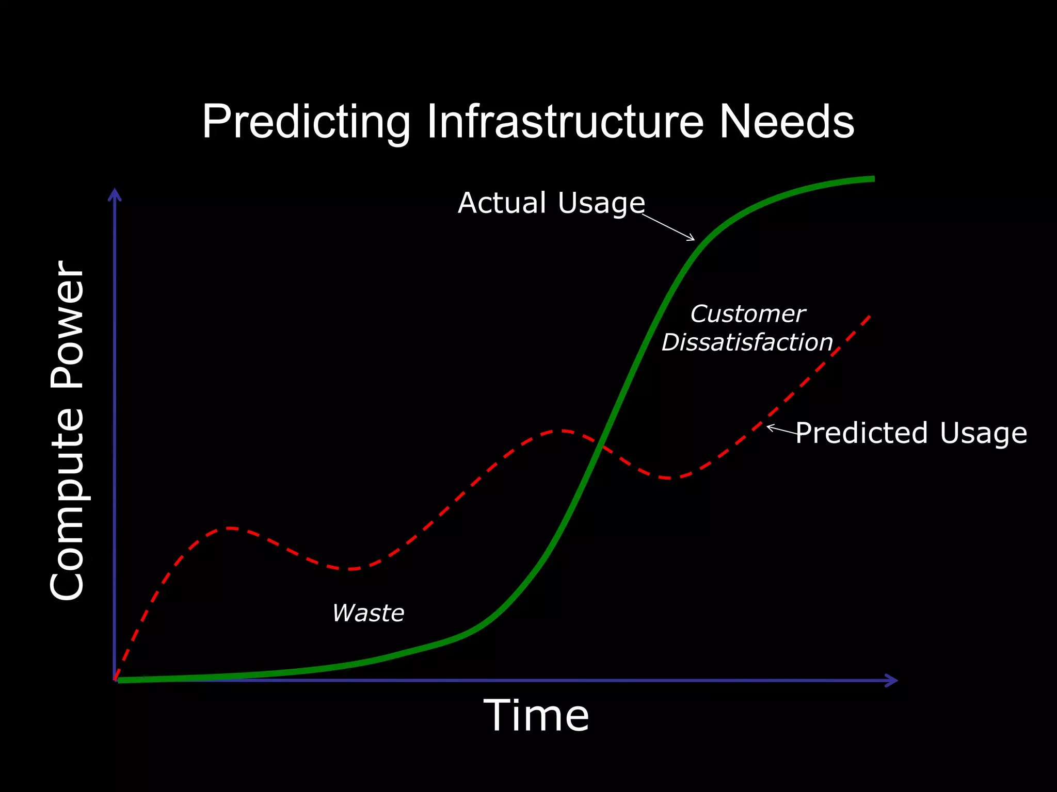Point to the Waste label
[x=368, y=613]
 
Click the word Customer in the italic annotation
[x=748, y=314]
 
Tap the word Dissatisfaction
[x=747, y=342]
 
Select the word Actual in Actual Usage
[x=502, y=203]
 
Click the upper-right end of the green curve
[x=872, y=179]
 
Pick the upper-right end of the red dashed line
[x=870, y=316]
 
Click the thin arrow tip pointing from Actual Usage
[x=694, y=240]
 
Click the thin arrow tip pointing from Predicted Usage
[x=767, y=426]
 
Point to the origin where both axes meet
[x=115, y=680]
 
